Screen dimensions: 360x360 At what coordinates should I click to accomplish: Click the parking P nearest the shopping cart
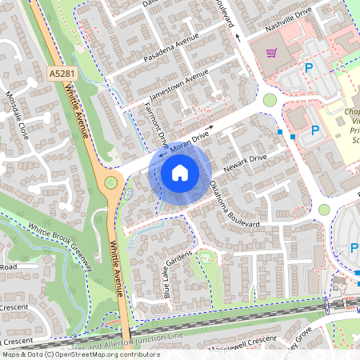coord(308,69)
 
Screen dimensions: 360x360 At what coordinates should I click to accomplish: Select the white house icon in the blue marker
coord(180,172)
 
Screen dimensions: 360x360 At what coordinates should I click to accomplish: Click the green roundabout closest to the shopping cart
coord(270,100)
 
